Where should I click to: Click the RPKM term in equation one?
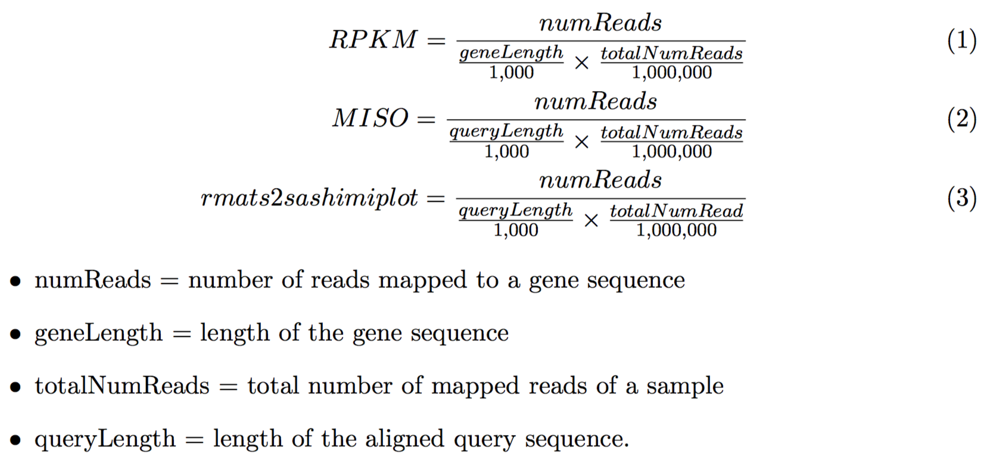pyautogui.click(x=373, y=40)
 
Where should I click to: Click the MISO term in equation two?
pyautogui.click(x=371, y=118)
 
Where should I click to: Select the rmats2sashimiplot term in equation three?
pyautogui.click(x=309, y=198)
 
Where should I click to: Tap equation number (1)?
pyautogui.click(x=961, y=40)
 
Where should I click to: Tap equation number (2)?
pyautogui.click(x=961, y=119)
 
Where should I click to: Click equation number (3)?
pyautogui.click(x=961, y=198)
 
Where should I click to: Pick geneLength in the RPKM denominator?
pyautogui.click(x=511, y=53)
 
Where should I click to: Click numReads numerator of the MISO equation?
pyautogui.click(x=595, y=102)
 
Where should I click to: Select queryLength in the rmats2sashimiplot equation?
pyautogui.click(x=515, y=211)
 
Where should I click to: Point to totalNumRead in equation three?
pyautogui.click(x=676, y=211)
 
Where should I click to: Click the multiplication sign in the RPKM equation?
pyautogui.click(x=581, y=62)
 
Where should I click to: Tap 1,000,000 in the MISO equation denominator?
pyautogui.click(x=671, y=151)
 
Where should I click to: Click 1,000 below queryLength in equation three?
pyautogui.click(x=515, y=230)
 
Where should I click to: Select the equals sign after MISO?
pyautogui.click(x=426, y=119)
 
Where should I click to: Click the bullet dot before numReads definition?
pyautogui.click(x=16, y=281)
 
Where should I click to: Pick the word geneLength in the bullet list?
pyautogui.click(x=98, y=333)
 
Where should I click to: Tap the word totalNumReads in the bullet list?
pyautogui.click(x=122, y=386)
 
